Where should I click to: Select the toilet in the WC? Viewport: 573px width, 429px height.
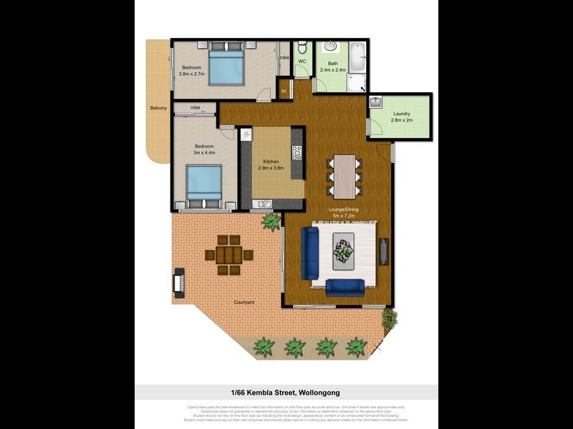pos(302,49)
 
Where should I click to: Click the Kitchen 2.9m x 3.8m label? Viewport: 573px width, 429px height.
pos(271,165)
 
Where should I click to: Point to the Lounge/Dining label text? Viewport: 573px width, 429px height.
pos(343,210)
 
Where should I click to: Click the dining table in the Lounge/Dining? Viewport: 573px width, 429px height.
pos(347,175)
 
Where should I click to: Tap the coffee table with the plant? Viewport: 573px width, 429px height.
pos(344,248)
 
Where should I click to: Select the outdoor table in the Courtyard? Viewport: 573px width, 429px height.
pos(228,254)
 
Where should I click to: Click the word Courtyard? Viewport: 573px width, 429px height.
pos(244,303)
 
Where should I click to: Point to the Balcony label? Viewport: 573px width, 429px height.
pos(158,108)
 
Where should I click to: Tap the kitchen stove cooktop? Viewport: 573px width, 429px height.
pos(296,153)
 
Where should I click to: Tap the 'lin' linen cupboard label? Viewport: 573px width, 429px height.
pos(284,91)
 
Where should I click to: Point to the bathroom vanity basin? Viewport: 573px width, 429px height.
pos(331,47)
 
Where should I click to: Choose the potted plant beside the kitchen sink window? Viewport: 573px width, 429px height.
pos(271,222)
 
